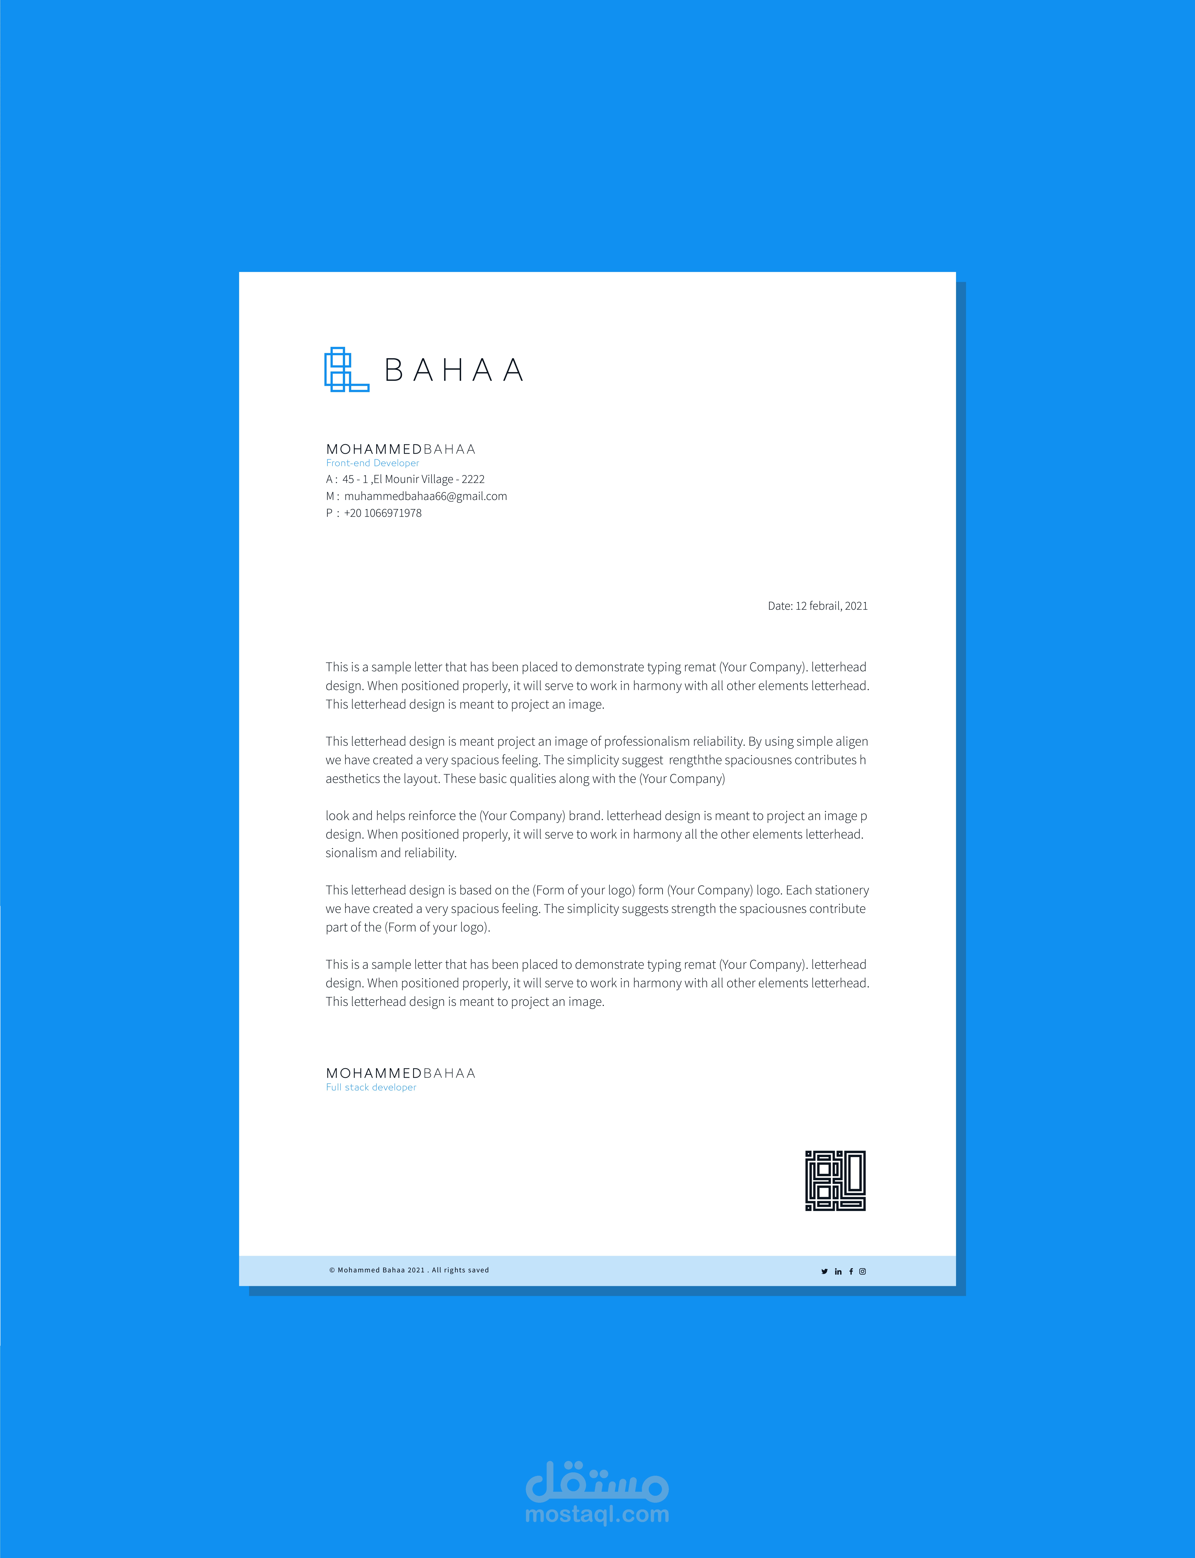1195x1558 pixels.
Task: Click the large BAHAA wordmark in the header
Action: [454, 370]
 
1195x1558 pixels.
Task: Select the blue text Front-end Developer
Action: [372, 463]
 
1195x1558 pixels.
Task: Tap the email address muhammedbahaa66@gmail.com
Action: [425, 496]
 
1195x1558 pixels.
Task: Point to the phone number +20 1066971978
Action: [383, 513]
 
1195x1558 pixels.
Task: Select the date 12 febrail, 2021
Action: [831, 606]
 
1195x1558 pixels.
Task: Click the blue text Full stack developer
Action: [371, 1087]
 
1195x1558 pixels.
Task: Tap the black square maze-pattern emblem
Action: [835, 1180]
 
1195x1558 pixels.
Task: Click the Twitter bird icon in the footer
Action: [824, 1271]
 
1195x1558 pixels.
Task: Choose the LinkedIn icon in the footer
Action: [838, 1271]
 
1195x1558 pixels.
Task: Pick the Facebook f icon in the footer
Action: [851, 1271]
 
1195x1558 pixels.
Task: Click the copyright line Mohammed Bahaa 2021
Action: [409, 1270]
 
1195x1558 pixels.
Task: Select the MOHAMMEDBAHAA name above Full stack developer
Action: [400, 1073]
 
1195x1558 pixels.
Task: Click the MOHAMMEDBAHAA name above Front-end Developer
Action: [400, 449]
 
